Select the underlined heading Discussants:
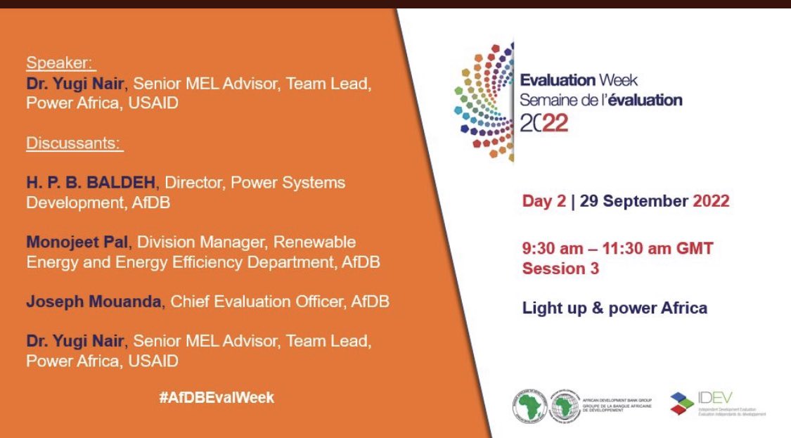pos(75,144)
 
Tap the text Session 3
pos(560,269)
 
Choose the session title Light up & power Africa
pos(614,308)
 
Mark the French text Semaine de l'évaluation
pos(600,101)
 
